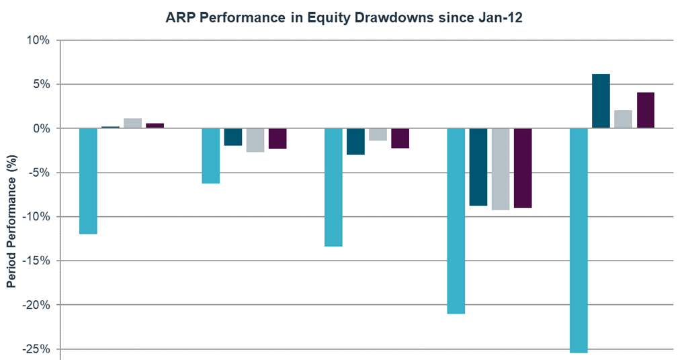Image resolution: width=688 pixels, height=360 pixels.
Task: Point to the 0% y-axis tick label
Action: click(x=42, y=128)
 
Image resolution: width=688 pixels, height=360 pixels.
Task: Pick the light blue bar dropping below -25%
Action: click(x=578, y=240)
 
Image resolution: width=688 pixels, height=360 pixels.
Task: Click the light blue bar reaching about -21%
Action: click(x=456, y=221)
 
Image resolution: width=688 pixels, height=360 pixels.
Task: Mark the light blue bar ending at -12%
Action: click(x=88, y=181)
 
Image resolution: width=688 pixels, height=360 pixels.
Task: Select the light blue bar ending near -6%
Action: click(x=211, y=156)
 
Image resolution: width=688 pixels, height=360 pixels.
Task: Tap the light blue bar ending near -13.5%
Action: click(x=333, y=187)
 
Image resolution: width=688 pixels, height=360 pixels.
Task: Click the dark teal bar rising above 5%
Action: click(x=601, y=101)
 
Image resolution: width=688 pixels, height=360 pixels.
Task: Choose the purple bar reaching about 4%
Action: click(x=646, y=110)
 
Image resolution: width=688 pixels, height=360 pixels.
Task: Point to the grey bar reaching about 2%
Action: click(x=623, y=119)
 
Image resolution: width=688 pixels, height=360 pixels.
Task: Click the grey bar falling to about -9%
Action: click(x=501, y=169)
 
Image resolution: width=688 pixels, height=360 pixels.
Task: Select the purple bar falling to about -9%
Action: click(x=523, y=168)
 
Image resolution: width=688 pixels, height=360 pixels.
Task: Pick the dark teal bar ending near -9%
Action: click(x=478, y=167)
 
